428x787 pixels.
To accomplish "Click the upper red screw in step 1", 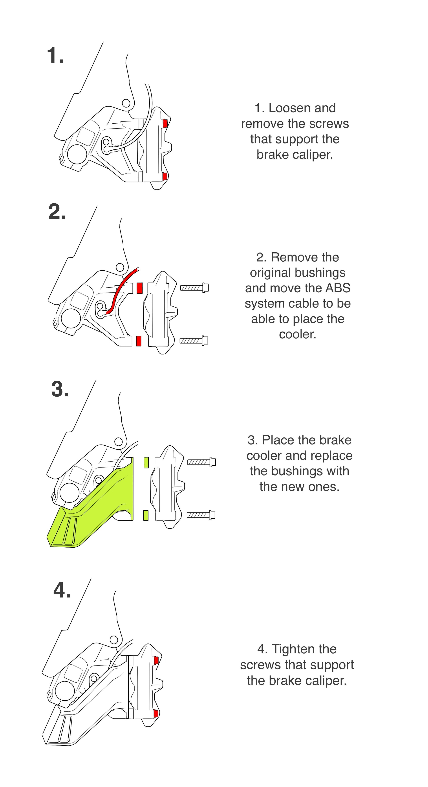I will (165, 123).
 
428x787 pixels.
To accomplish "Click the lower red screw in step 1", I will (165, 176).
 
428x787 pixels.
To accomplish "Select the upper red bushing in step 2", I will (139, 288).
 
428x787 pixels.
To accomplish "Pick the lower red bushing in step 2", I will (139, 341).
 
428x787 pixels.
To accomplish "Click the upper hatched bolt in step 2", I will (194, 288).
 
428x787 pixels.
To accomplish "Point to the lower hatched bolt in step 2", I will (194, 340).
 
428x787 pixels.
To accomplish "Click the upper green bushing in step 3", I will (146, 462).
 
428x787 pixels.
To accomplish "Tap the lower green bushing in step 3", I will (146, 515).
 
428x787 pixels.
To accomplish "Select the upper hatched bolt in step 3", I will (201, 462).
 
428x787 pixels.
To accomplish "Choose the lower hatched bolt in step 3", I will (201, 515).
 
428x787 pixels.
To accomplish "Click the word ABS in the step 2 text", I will (338, 288).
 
